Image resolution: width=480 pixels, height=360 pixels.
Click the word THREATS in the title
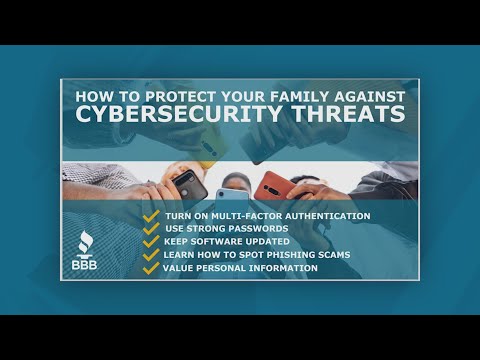[345, 113]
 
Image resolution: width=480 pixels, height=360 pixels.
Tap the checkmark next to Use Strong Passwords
[151, 229]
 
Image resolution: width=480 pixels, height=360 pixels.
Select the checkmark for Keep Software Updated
[151, 242]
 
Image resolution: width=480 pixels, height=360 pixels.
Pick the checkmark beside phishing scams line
[151, 255]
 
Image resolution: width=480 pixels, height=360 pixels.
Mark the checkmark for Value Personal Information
[151, 268]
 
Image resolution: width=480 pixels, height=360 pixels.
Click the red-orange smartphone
[271, 185]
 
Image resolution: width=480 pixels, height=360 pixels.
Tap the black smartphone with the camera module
[190, 184]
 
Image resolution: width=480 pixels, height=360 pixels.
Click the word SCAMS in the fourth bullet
[333, 255]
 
